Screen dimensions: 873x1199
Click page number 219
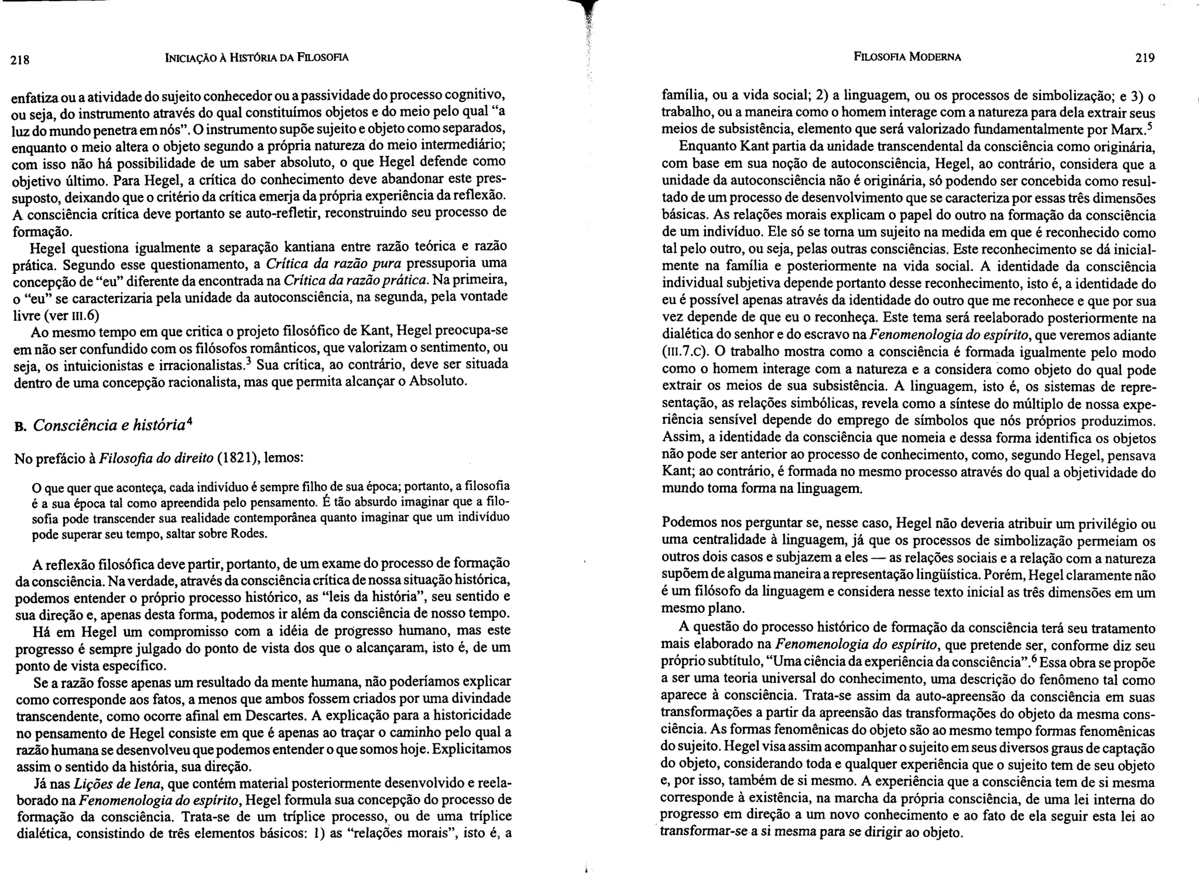[x=1144, y=58]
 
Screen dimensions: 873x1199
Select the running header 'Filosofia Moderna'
[x=907, y=57]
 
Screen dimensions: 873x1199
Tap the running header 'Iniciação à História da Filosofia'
[x=257, y=57]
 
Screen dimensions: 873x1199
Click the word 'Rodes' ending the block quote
[x=251, y=534]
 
